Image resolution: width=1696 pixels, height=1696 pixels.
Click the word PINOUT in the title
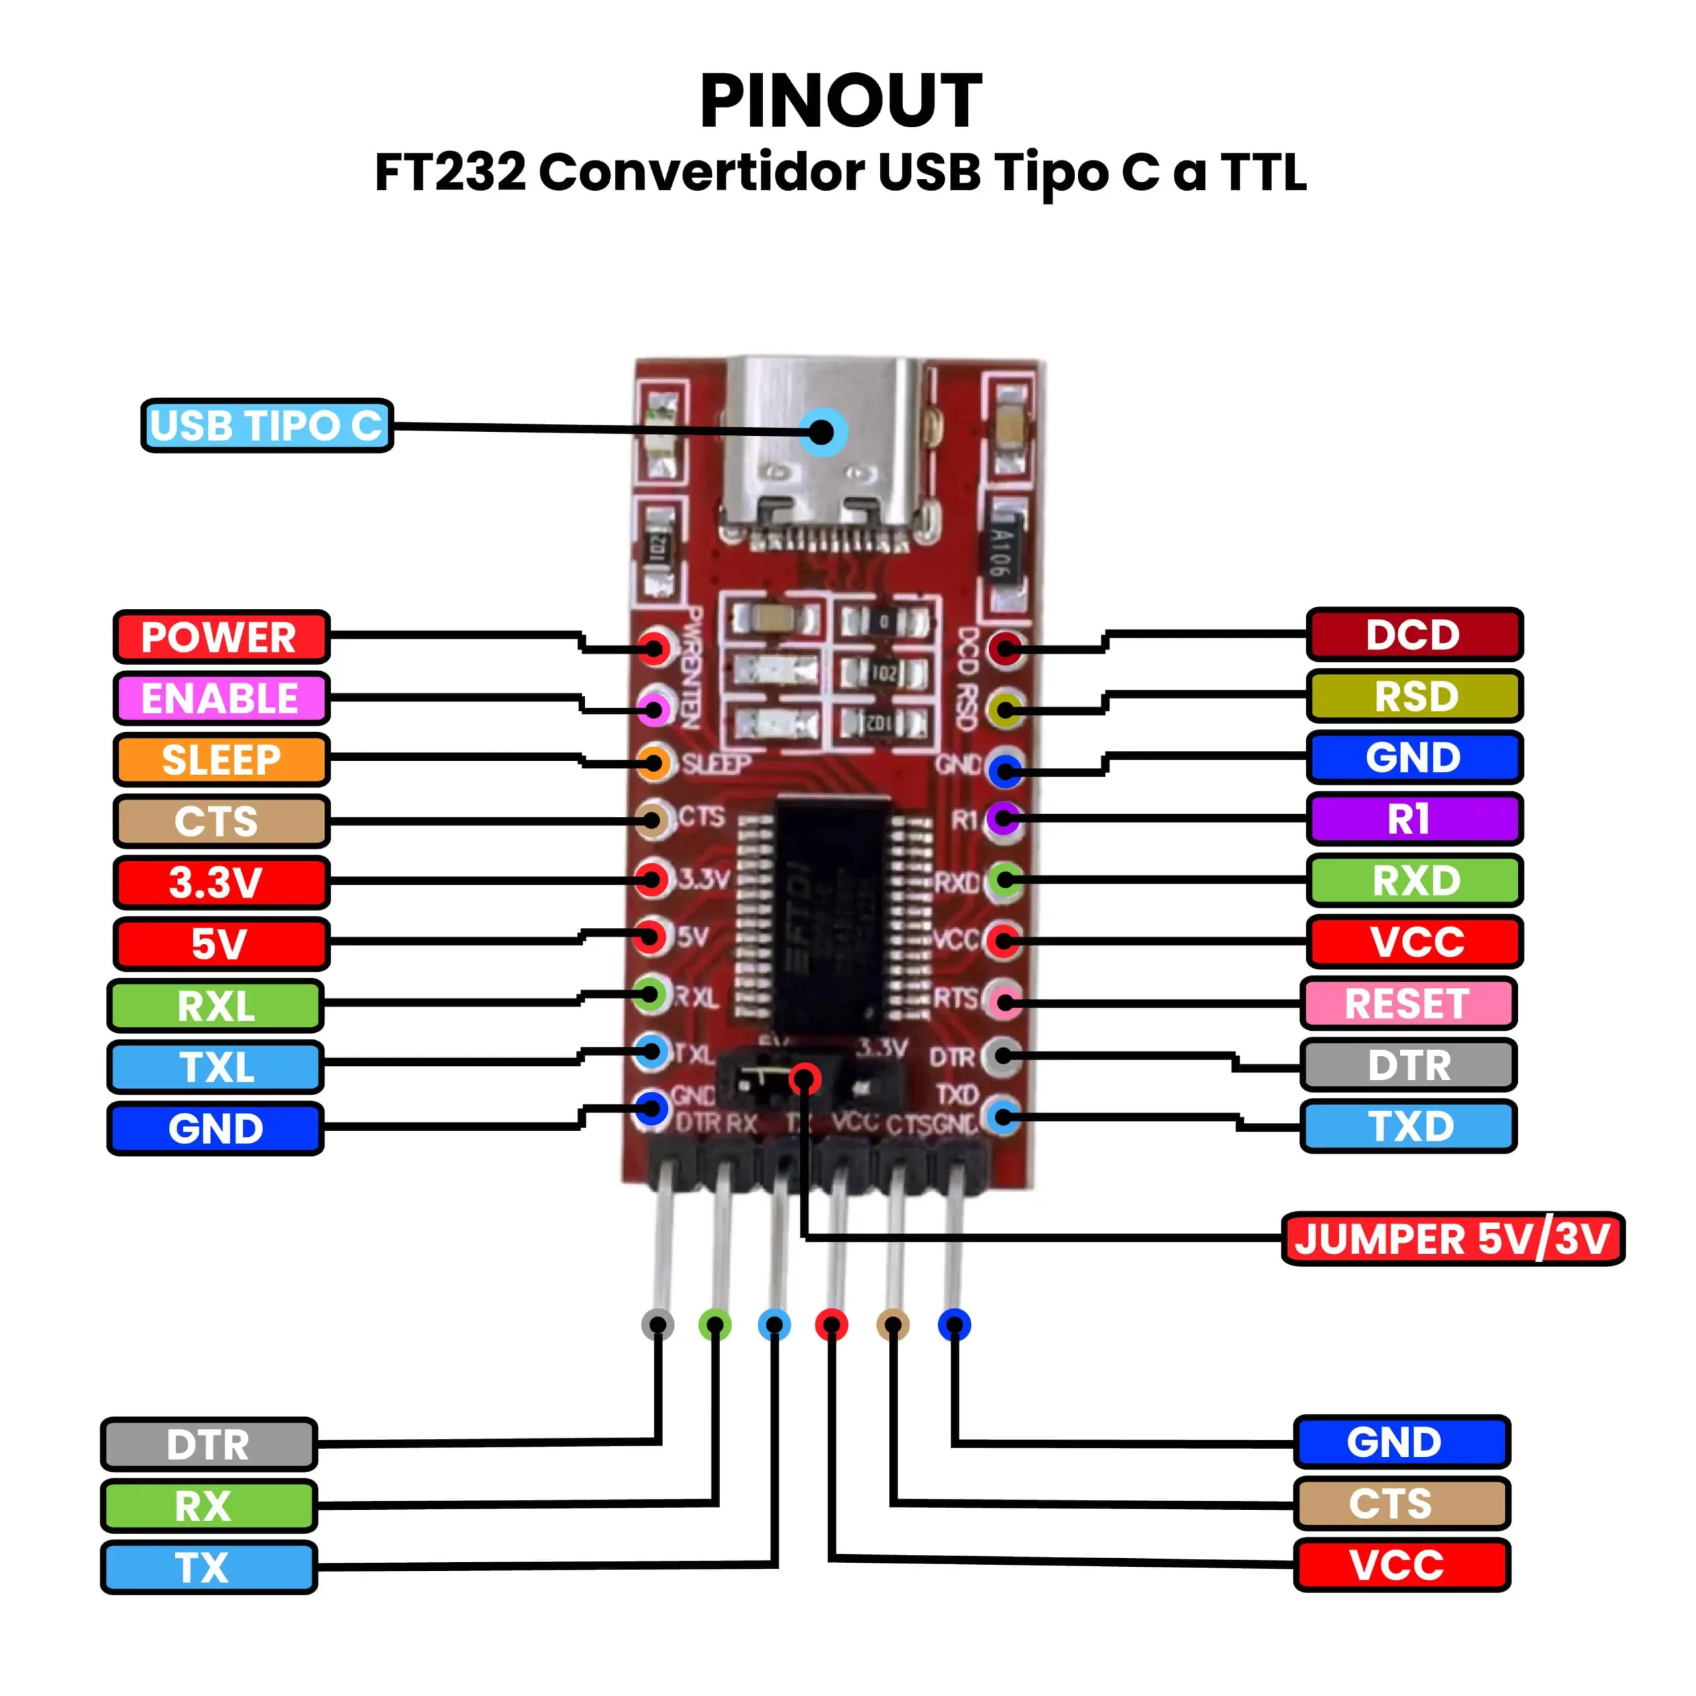pyautogui.click(x=840, y=101)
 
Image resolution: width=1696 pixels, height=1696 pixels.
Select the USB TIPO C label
pyautogui.click(x=267, y=426)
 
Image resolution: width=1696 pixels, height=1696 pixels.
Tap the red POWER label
pyautogui.click(x=221, y=637)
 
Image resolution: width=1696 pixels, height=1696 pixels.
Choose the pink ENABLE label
pyautogui.click(x=221, y=698)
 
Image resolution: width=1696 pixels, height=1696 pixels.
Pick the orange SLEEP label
pyautogui.click(x=221, y=759)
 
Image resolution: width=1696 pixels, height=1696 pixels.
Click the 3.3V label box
pyautogui.click(x=221, y=882)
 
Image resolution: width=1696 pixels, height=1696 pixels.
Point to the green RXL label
pyautogui.click(x=216, y=1005)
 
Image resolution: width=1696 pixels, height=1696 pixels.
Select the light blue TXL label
pyautogui.click(x=216, y=1067)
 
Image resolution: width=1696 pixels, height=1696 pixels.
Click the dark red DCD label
pyautogui.click(x=1414, y=634)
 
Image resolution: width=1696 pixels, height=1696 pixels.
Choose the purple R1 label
pyautogui.click(x=1414, y=819)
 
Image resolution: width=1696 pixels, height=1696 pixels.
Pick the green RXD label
pyautogui.click(x=1414, y=880)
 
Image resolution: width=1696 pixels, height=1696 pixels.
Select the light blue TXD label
pyautogui.click(x=1408, y=1126)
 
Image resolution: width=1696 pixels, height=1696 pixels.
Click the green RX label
pyautogui.click(x=209, y=1505)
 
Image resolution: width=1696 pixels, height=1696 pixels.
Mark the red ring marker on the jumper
pyautogui.click(x=805, y=1079)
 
